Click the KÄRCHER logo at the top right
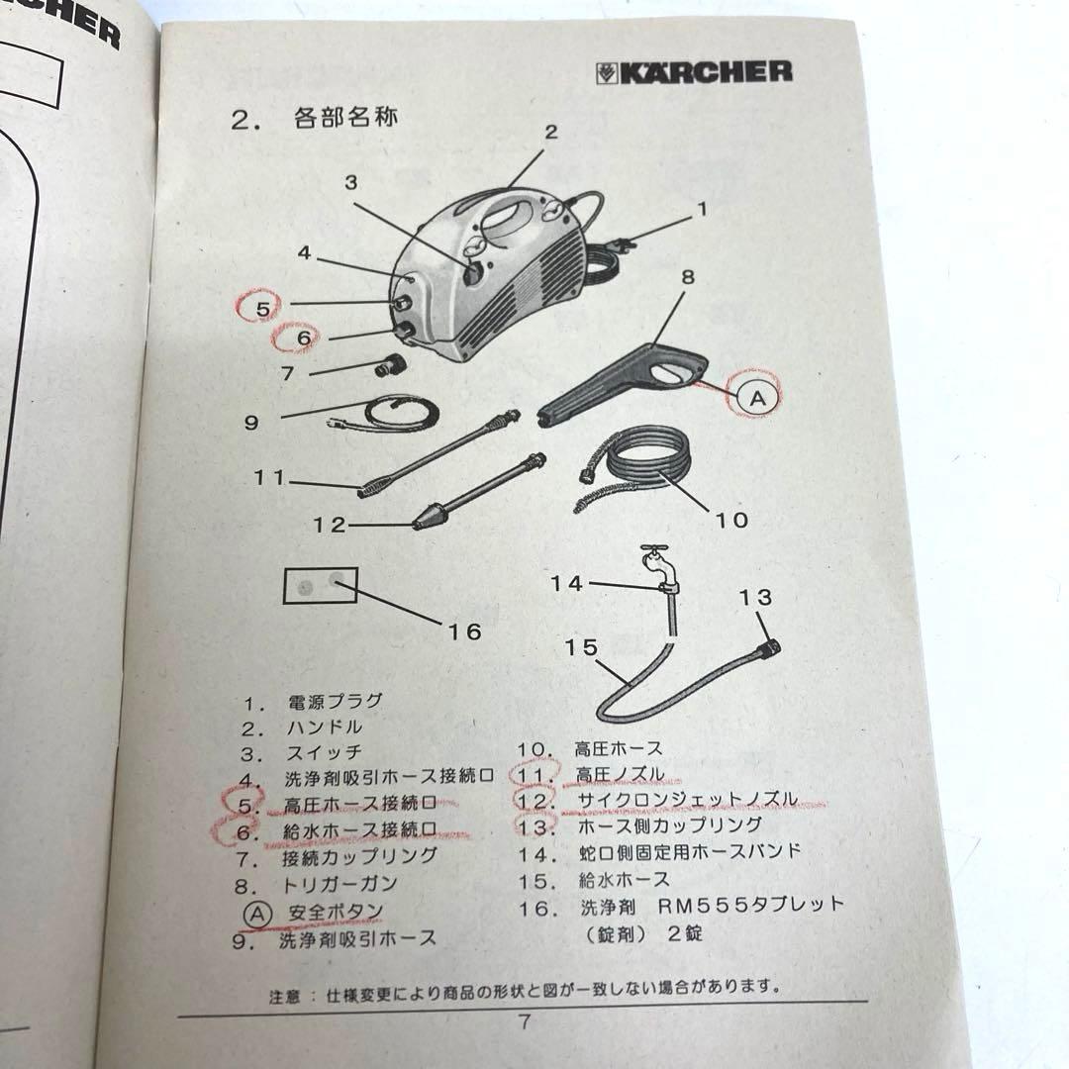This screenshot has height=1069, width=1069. (695, 71)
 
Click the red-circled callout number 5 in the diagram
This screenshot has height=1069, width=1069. (262, 308)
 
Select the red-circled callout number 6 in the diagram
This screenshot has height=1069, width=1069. (303, 339)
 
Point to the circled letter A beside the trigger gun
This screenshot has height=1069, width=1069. (756, 398)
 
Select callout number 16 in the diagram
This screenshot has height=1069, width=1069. (466, 631)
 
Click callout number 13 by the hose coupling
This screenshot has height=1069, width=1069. (755, 597)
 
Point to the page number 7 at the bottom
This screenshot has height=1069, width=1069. (525, 1022)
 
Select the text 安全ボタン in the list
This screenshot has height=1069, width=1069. (337, 910)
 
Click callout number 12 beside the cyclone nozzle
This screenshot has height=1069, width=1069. (331, 525)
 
